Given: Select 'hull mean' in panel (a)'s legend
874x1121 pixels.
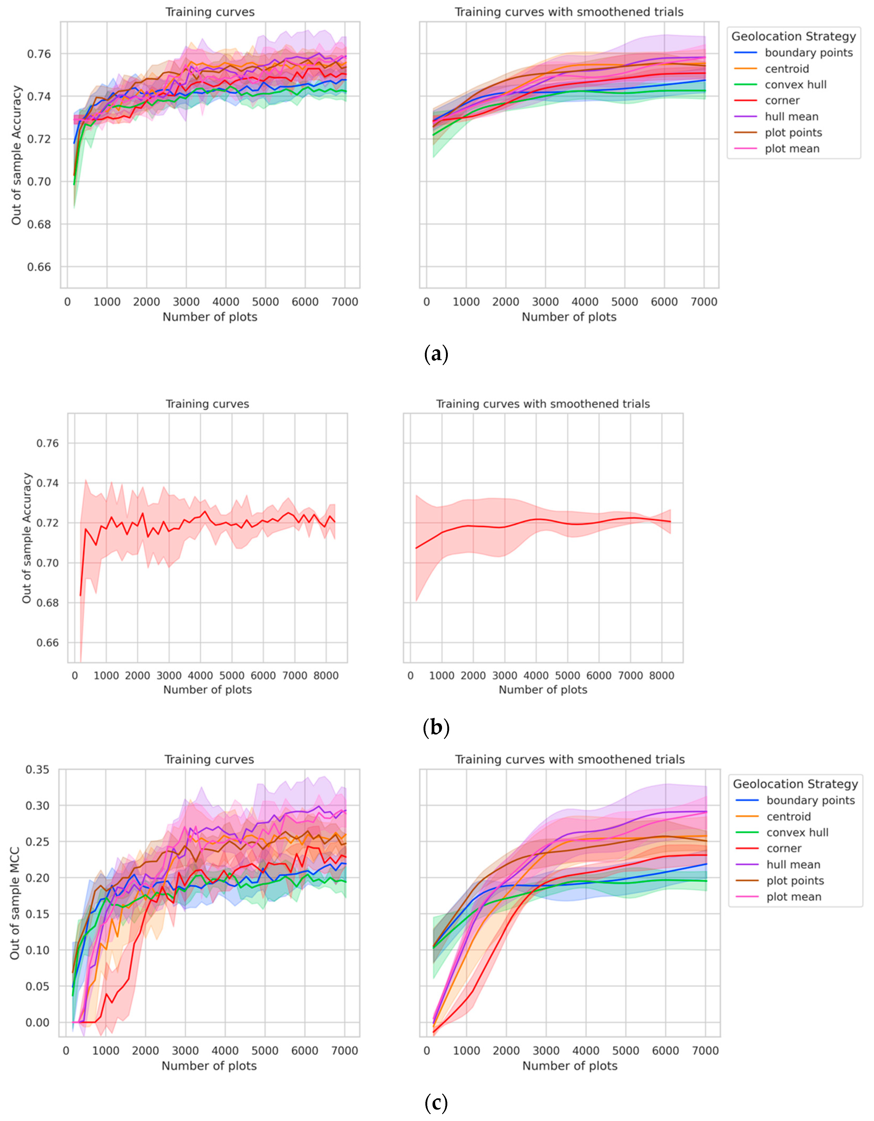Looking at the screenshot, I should click(x=791, y=116).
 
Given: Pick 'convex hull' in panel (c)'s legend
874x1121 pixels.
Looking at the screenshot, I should click(x=797, y=832).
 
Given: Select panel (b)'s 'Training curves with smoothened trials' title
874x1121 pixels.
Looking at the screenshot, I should click(x=543, y=404).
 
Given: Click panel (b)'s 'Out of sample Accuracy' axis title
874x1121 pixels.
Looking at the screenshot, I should click(x=27, y=538).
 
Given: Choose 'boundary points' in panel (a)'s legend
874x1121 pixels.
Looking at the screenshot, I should click(x=808, y=53).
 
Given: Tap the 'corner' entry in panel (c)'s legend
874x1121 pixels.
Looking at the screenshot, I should click(x=784, y=849).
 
